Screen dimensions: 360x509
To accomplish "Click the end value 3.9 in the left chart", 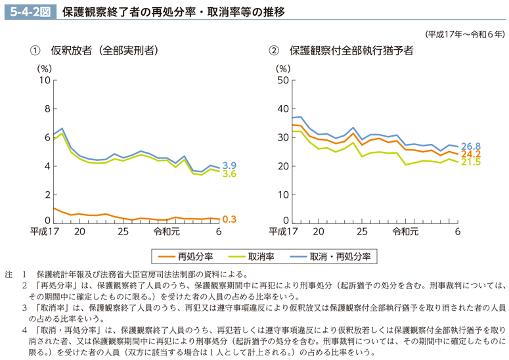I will coord(229,165).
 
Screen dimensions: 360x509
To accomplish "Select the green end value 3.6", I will coord(229,174).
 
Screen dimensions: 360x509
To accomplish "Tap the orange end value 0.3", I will coord(229,219).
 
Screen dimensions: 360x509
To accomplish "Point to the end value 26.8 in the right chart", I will coord(471,146).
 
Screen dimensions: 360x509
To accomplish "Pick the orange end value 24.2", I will coord(471,154).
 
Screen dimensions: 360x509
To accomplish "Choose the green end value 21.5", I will coord(471,162).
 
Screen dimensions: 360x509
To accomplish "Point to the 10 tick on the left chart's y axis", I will coord(45,80).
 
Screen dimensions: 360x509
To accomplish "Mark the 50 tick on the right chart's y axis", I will coord(284,80).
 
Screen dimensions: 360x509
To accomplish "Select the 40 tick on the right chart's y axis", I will coord(284,109).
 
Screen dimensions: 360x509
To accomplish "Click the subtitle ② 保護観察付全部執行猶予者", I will coord(341,50).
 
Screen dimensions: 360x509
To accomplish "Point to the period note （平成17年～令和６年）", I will coord(464,34).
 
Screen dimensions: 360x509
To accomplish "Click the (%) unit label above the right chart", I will coord(282,67).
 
